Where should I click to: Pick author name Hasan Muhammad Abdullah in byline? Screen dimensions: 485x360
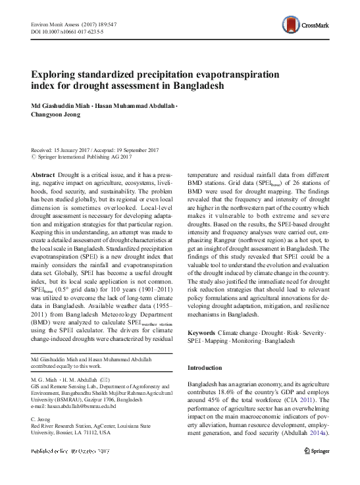[137, 106]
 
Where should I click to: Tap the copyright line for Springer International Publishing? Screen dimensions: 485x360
[86, 157]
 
